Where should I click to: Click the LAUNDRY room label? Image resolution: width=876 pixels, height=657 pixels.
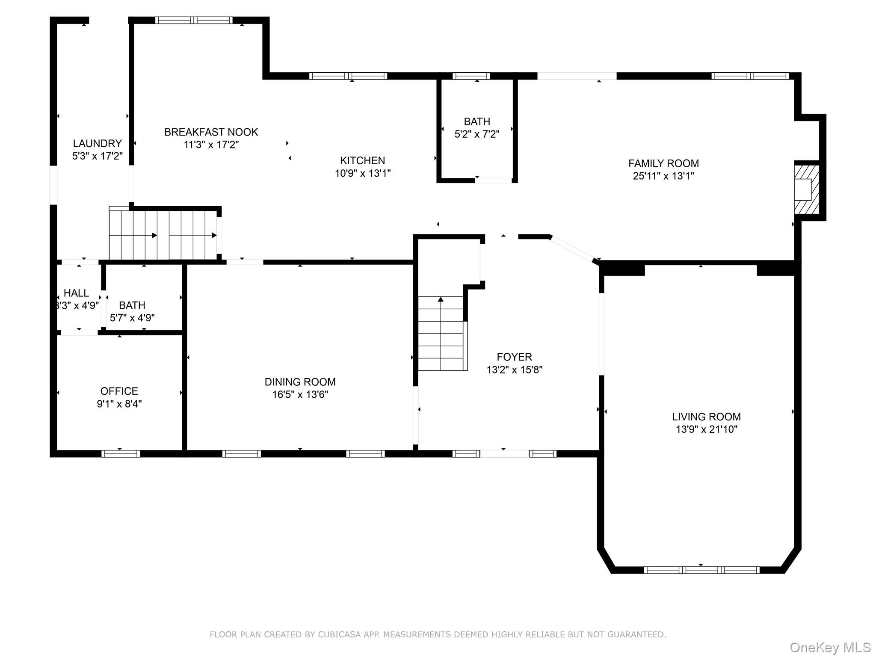click(x=97, y=143)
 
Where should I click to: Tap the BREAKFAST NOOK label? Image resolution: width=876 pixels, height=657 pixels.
click(x=211, y=132)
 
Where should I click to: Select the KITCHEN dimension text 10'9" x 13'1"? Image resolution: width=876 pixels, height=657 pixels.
click(x=362, y=173)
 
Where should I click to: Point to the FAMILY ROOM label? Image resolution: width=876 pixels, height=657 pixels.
click(x=663, y=163)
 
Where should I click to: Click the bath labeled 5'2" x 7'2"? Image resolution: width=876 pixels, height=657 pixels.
click(x=476, y=128)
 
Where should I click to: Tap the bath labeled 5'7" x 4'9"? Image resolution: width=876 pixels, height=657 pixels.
click(x=132, y=311)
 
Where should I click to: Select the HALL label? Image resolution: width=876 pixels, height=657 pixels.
click(x=76, y=293)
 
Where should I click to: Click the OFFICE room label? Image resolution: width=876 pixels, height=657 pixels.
click(x=119, y=391)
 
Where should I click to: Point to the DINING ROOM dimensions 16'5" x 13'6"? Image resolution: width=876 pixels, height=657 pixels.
click(x=300, y=394)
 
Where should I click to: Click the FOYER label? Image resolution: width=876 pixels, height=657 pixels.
click(x=514, y=357)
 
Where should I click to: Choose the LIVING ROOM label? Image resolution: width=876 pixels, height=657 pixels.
click(x=706, y=417)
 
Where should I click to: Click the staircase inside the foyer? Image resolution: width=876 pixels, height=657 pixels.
click(x=441, y=334)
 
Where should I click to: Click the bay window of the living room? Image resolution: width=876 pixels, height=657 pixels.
click(x=701, y=570)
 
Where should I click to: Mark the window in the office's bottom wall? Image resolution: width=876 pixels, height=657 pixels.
click(x=121, y=454)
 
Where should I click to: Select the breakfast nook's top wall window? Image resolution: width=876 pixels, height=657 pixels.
click(x=194, y=20)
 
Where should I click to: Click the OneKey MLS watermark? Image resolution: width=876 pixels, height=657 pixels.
click(x=830, y=648)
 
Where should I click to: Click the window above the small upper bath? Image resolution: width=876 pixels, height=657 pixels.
click(x=471, y=76)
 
